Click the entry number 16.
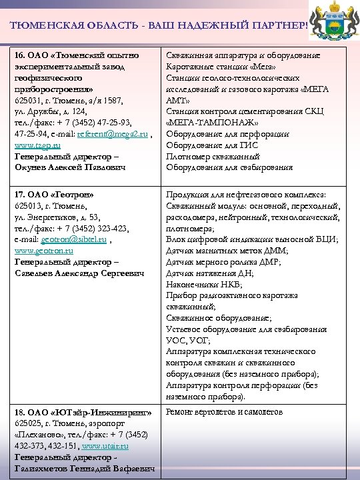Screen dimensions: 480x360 pos(20,54)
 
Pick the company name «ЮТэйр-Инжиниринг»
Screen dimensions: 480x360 pos(97,412)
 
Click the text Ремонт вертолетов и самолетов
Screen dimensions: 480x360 pos(224,412)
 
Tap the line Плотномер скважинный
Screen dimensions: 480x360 pos(212,156)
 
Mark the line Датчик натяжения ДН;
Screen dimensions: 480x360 pos(209,273)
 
